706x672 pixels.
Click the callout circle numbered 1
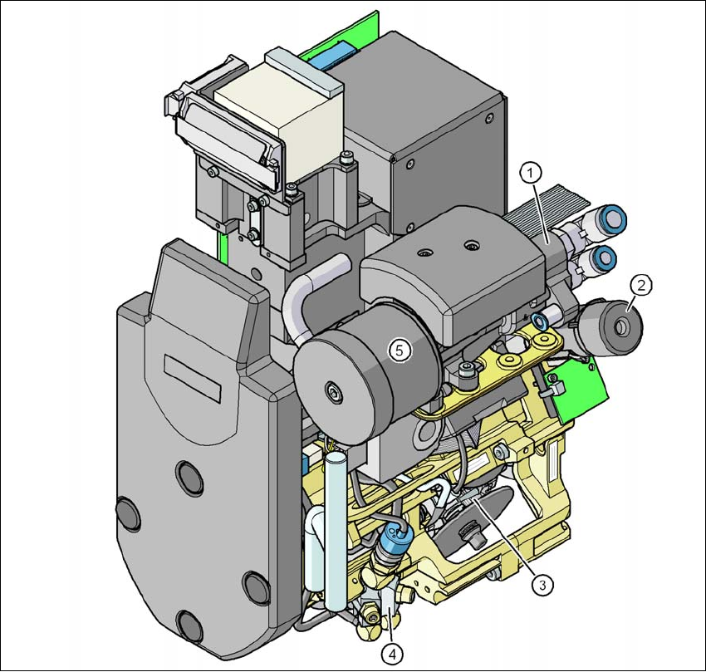[530, 173]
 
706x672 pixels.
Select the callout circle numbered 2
[640, 285]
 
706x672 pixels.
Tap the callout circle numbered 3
[542, 585]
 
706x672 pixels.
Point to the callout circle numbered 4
[393, 654]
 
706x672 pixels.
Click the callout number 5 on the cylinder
[400, 350]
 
